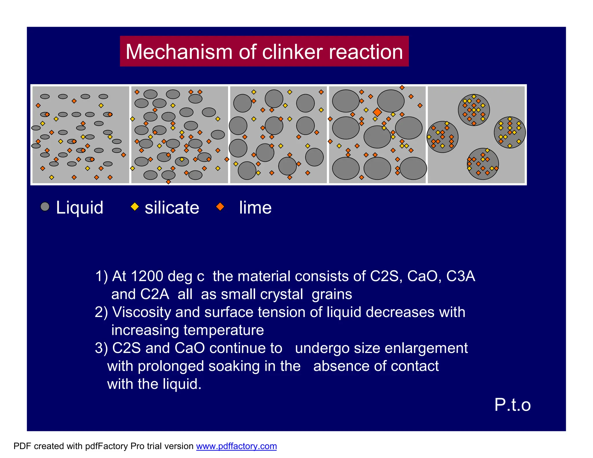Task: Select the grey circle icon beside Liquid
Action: tap(45, 207)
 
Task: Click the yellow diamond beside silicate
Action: tap(135, 207)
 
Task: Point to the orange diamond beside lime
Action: tap(220, 207)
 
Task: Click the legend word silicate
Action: tap(172, 208)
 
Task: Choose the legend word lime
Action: tap(255, 208)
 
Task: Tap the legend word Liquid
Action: tap(80, 208)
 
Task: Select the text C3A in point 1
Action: tap(460, 276)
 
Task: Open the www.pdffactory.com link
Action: tap(236, 446)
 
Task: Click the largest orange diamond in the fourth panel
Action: tap(377, 112)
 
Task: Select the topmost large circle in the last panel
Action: tap(474, 110)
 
